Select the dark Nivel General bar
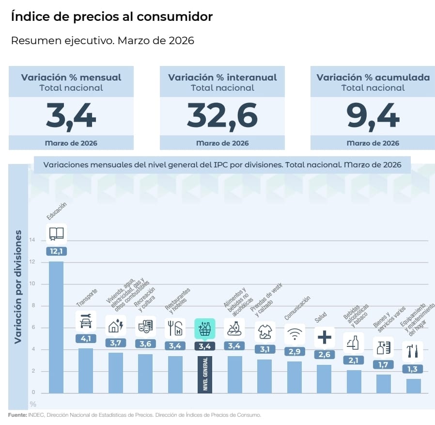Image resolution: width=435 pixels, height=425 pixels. click(204, 374)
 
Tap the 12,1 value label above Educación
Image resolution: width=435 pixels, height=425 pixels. click(56, 251)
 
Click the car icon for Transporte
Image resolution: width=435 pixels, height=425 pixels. click(86, 321)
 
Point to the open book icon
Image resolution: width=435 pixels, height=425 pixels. click(56, 233)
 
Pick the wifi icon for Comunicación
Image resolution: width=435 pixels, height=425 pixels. click(295, 334)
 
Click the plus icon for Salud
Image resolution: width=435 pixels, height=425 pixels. click(324, 337)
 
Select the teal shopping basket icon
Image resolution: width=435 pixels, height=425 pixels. click(204, 328)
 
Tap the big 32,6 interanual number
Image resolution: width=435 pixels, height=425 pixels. click(222, 116)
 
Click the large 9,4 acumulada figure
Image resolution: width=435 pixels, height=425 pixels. click(373, 116)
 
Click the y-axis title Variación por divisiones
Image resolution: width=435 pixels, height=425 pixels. click(18, 287)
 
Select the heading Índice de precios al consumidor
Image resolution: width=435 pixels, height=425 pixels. click(111, 16)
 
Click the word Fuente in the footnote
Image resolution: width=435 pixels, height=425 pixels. click(17, 415)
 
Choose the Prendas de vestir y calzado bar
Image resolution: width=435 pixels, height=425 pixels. click(264, 376)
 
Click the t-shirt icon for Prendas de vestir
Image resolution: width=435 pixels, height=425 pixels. click(264, 331)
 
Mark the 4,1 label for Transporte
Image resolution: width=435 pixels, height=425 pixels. click(86, 339)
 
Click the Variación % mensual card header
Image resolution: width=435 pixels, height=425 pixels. click(71, 82)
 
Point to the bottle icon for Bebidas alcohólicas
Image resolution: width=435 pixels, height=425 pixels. click(354, 343)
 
